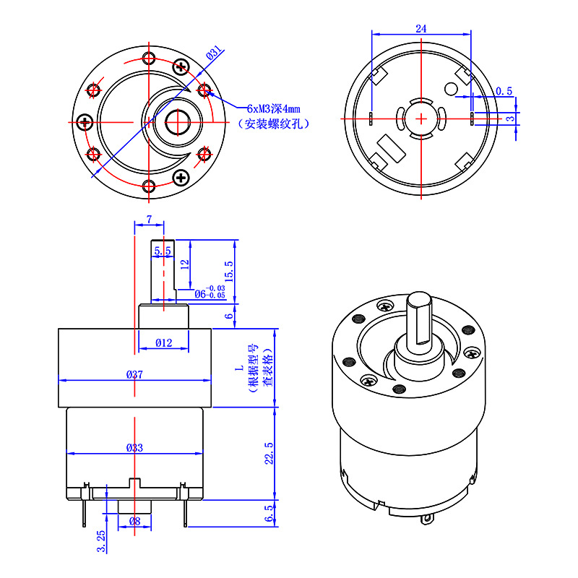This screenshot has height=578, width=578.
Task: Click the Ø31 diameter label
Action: (214, 53)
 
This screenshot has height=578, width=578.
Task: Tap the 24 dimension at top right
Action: (421, 28)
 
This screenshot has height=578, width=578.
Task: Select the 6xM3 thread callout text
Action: (273, 109)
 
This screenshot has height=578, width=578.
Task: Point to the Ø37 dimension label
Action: (134, 374)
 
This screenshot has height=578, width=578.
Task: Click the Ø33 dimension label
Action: (134, 447)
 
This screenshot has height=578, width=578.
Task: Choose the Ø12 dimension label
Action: (164, 342)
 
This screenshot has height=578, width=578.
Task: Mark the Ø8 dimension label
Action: (134, 521)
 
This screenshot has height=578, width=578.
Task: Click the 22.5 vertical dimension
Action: (269, 454)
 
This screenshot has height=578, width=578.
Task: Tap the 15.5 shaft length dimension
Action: (229, 272)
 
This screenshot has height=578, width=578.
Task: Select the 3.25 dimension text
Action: (101, 541)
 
